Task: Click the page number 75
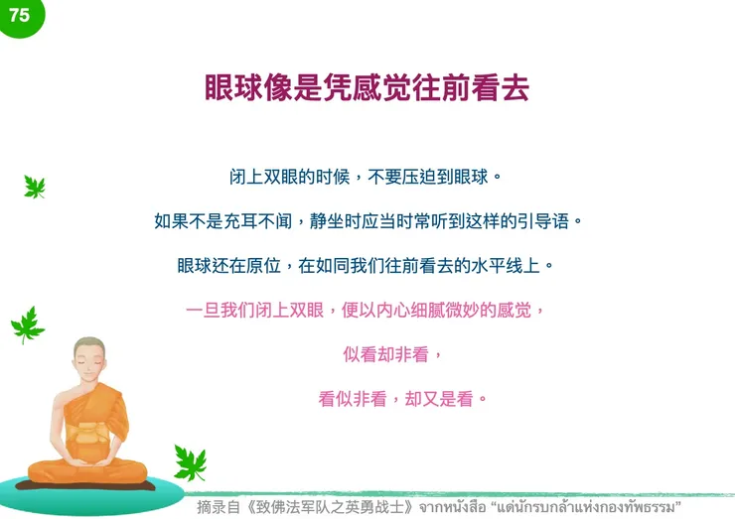18,16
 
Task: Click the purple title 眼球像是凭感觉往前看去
367,87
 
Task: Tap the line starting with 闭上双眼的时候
367,179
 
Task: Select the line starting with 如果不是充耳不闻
367,221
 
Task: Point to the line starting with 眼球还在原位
367,266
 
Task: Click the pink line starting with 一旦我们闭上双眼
367,310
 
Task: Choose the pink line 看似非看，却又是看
403,399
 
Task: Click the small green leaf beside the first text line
35,187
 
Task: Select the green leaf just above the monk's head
27,324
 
